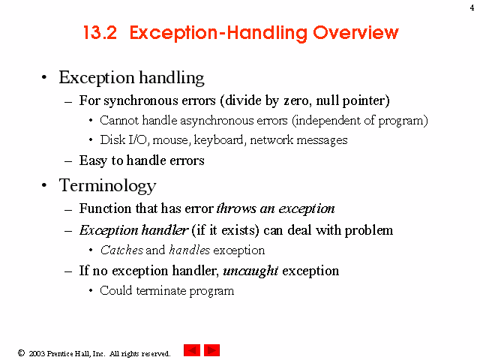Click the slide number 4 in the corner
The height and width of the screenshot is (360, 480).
click(472, 7)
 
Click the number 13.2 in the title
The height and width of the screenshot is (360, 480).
click(100, 32)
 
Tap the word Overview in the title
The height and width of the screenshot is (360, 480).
click(355, 32)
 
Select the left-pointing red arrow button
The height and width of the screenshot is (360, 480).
click(192, 350)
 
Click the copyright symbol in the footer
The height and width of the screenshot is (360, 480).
click(21, 353)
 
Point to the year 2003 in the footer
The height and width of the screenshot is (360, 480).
click(37, 353)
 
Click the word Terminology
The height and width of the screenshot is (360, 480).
click(108, 186)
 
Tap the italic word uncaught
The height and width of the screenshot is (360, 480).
click(250, 271)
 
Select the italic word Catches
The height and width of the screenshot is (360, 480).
click(121, 250)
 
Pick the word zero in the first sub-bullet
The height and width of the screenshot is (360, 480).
click(296, 100)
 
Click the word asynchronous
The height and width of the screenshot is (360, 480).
click(234, 121)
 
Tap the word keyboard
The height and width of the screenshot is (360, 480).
click(218, 140)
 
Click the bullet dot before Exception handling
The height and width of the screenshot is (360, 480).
click(44, 77)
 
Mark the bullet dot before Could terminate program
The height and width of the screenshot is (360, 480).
click(91, 290)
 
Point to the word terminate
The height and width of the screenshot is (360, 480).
click(161, 290)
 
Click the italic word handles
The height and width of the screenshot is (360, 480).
click(190, 250)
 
